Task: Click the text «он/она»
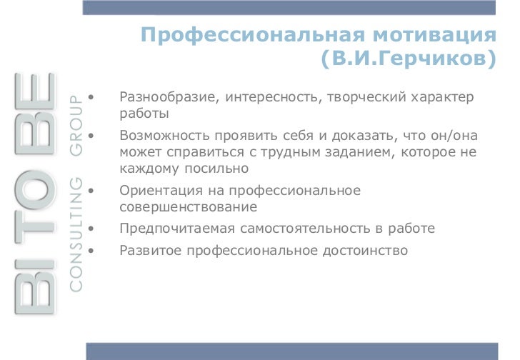(451, 136)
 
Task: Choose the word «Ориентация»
(158, 191)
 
